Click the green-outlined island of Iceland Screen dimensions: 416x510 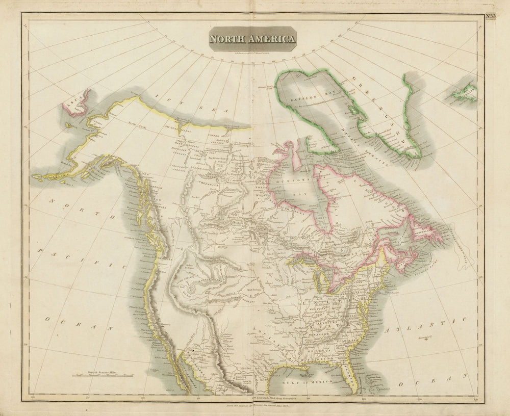pyautogui.click(x=463, y=92)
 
